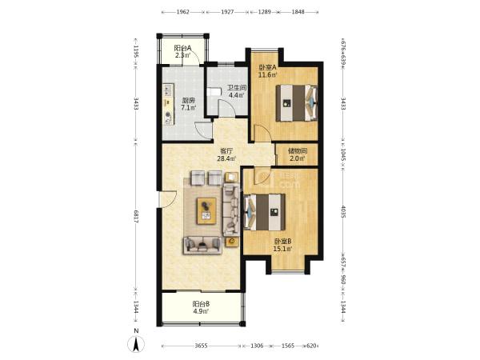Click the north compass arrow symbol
click(x=137, y=343)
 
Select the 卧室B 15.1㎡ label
click(x=282, y=245)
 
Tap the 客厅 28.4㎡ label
click(x=226, y=154)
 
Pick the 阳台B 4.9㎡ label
click(x=201, y=308)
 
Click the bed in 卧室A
click(x=296, y=103)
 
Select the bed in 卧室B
click(x=265, y=212)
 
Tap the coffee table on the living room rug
click(x=206, y=211)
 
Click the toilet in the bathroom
click(x=214, y=92)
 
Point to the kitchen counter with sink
click(x=168, y=104)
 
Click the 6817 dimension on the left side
click(x=136, y=217)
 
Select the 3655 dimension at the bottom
click(x=201, y=346)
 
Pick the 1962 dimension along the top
click(x=182, y=12)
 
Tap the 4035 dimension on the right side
click(x=343, y=211)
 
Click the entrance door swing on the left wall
click(x=168, y=199)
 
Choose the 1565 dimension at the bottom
click(x=288, y=346)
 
